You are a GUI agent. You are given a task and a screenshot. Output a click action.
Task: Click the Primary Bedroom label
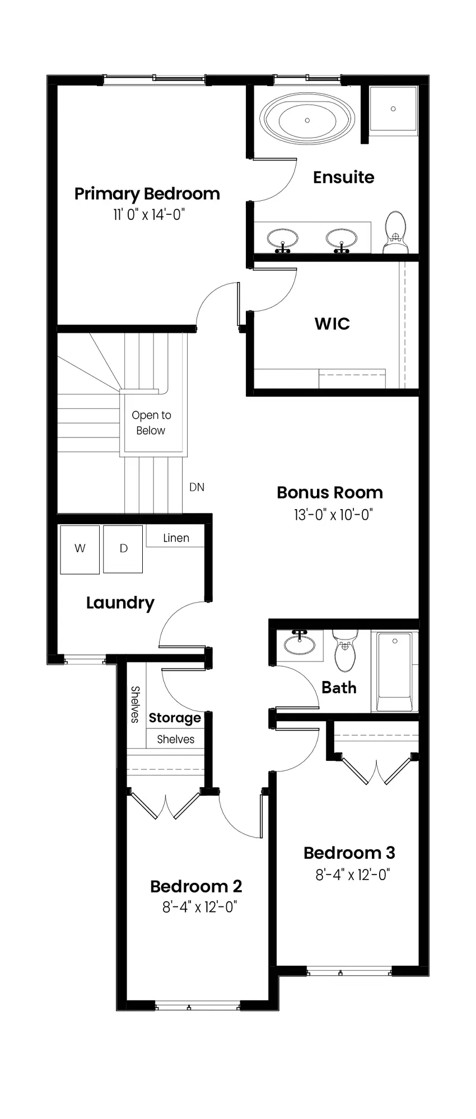coord(147,194)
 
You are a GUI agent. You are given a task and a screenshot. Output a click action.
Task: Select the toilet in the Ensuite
coord(396,232)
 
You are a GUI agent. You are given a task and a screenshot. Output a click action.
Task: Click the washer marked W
coord(80,549)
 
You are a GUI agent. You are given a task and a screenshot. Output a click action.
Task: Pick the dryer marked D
coord(123,549)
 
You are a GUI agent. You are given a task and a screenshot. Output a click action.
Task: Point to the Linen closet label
coord(176,538)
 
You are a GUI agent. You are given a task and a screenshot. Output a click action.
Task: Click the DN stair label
coord(197,487)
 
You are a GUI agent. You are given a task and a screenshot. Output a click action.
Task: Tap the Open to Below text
coord(151,423)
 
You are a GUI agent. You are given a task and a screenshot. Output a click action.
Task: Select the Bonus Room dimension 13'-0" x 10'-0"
coord(333,514)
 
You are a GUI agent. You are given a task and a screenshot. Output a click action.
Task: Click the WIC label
coord(332,323)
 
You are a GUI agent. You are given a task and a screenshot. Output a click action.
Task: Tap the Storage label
coord(175,718)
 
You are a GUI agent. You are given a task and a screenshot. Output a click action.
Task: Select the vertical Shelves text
coord(135,704)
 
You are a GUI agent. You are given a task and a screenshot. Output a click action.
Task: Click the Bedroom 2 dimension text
coord(200,907)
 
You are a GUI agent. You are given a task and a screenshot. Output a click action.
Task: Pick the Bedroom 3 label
coord(349,853)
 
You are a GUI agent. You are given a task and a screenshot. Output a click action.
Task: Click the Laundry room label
coord(120,603)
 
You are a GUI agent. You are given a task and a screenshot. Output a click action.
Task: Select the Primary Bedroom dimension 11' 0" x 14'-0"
coord(148,214)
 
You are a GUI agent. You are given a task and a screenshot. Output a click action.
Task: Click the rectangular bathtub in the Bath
coord(395,671)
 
